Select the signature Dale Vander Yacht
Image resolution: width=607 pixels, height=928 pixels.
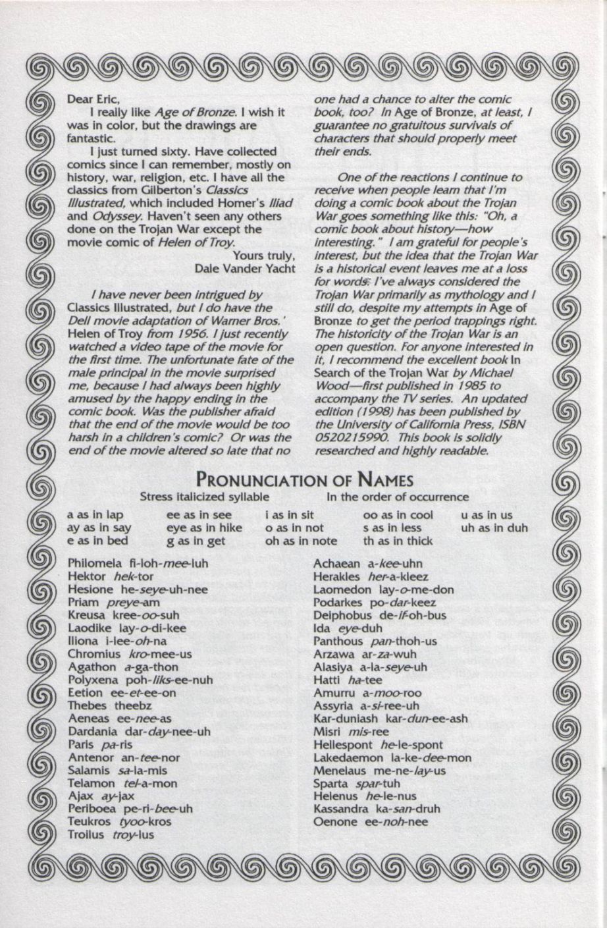[x=245, y=268]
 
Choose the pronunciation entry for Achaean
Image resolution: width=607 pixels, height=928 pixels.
[x=367, y=564]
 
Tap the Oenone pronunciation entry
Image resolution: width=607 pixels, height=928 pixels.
[x=371, y=822]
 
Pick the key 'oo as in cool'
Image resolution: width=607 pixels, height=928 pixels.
[x=398, y=515]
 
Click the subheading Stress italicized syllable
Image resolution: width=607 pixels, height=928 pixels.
[x=205, y=497]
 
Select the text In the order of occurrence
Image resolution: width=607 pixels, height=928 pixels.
[x=398, y=497]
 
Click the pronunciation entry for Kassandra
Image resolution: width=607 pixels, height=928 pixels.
[x=377, y=809]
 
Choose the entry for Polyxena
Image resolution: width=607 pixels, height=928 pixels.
[x=140, y=680]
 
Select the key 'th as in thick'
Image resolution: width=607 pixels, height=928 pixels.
[x=398, y=541]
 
